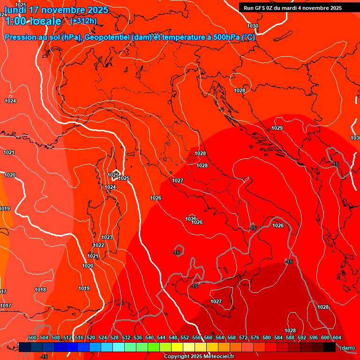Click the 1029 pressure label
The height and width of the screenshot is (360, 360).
pos(277,128)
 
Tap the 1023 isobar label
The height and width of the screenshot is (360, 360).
pos(107,238)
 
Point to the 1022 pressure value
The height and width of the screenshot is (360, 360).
pos(98,246)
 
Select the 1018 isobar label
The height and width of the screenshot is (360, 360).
pos(40,290)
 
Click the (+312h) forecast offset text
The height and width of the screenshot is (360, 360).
pos(83,21)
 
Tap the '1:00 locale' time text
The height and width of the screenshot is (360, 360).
pos(33,21)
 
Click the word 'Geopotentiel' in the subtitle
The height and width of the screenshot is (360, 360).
pos(109,37)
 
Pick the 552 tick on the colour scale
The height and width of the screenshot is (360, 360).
pos(184,338)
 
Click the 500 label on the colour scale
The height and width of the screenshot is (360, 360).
pos(32,338)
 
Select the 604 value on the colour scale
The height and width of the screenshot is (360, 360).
pos(337,338)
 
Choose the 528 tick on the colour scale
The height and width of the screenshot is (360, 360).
pos(114,338)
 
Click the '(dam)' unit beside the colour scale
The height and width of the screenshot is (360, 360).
pos(347,348)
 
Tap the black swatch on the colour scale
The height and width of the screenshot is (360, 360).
pos(329,347)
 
